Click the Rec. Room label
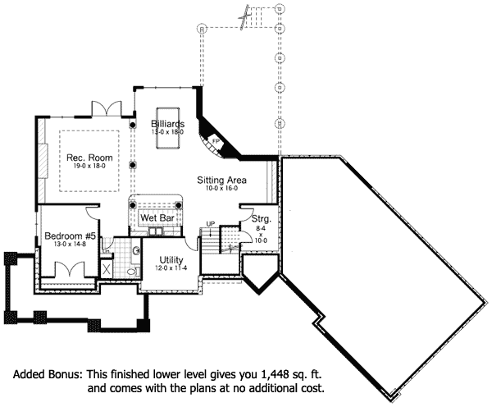point(90,158)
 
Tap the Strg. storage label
point(262,219)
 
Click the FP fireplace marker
point(216,140)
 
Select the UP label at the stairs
point(211,223)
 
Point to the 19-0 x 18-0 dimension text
point(90,167)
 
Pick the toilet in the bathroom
point(132,270)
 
